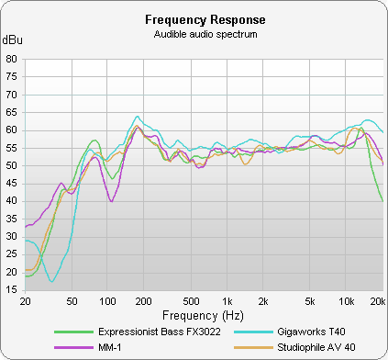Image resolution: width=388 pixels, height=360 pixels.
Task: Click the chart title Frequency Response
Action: point(194,19)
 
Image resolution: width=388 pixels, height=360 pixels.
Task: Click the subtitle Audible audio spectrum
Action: point(194,34)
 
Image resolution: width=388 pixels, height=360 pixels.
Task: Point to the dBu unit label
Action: point(13,40)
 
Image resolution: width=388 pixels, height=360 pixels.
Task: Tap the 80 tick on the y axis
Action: point(12,59)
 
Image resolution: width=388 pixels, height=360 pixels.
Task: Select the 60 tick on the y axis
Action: point(12,130)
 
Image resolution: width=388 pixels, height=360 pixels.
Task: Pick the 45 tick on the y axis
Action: point(12,184)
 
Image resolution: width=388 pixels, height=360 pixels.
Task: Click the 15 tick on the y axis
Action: point(12,290)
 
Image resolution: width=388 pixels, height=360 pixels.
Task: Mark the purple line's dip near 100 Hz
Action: point(112,200)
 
